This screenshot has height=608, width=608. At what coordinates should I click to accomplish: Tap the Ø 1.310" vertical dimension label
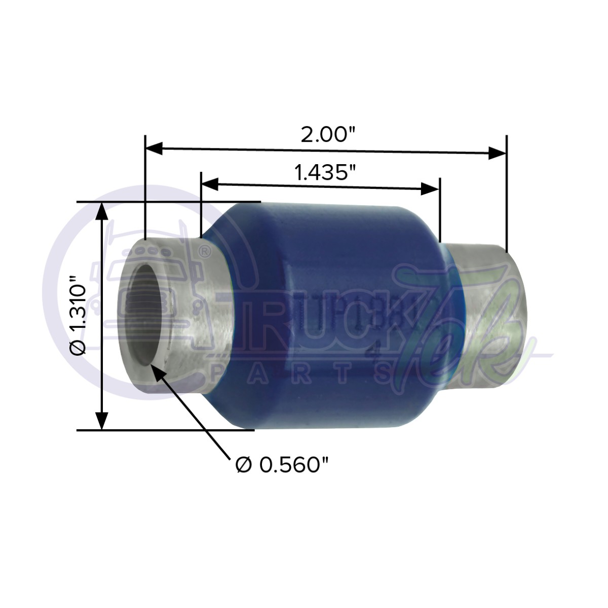81,315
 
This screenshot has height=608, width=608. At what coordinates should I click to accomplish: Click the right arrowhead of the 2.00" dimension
497,153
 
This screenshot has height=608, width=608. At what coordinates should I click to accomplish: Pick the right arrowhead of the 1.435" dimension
430,189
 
